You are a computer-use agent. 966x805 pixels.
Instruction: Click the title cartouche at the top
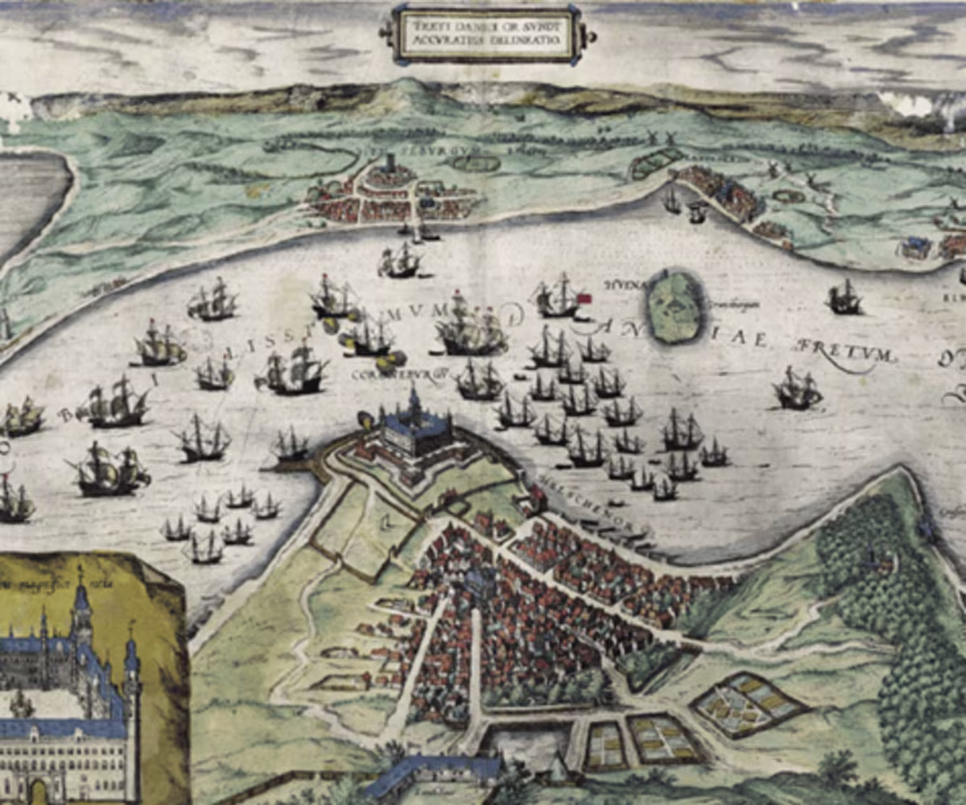pyautogui.click(x=485, y=34)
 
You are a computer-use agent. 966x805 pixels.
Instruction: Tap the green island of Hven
pyautogui.click(x=675, y=307)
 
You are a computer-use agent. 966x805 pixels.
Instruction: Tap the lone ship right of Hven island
pyautogui.click(x=844, y=298)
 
